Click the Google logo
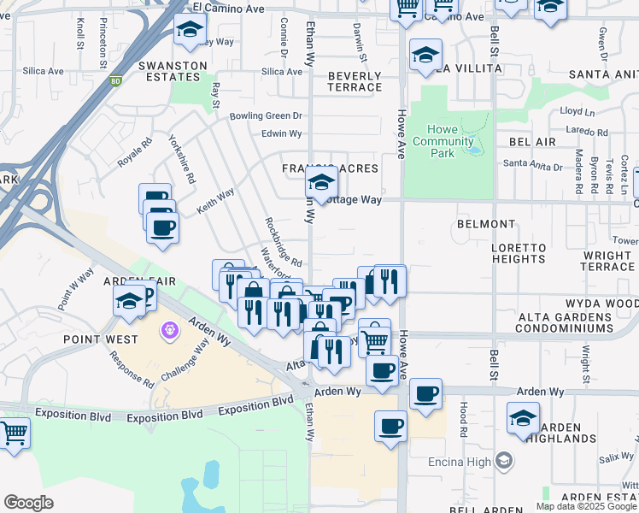[x=28, y=503]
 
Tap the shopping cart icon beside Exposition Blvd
[x=14, y=433]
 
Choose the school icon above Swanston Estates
[x=189, y=31]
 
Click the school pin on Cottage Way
[x=320, y=181]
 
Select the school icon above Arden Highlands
[x=523, y=418]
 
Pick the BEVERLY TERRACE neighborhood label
[x=355, y=82]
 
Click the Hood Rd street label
[x=462, y=415]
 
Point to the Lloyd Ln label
[x=577, y=112]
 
